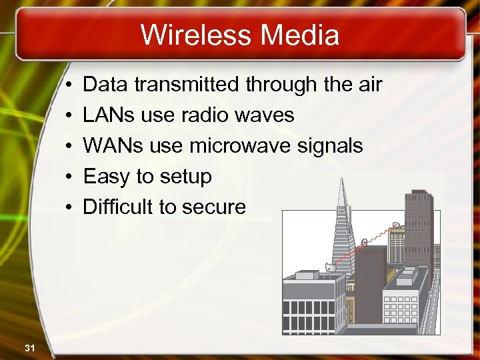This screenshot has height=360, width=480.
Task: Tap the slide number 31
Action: click(x=29, y=347)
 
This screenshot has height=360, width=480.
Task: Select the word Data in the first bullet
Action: click(x=105, y=85)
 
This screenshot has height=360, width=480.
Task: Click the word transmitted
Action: click(x=187, y=85)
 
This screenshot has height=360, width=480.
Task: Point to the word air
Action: click(x=366, y=85)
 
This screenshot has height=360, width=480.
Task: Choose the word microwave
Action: click(x=229, y=146)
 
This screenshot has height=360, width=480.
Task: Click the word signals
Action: click(x=331, y=146)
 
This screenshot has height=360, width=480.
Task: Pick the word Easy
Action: click(x=107, y=177)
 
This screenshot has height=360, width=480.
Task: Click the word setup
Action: click(x=187, y=177)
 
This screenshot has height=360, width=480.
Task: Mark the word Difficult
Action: click(x=117, y=207)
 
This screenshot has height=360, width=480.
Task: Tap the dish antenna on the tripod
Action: click(x=330, y=267)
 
